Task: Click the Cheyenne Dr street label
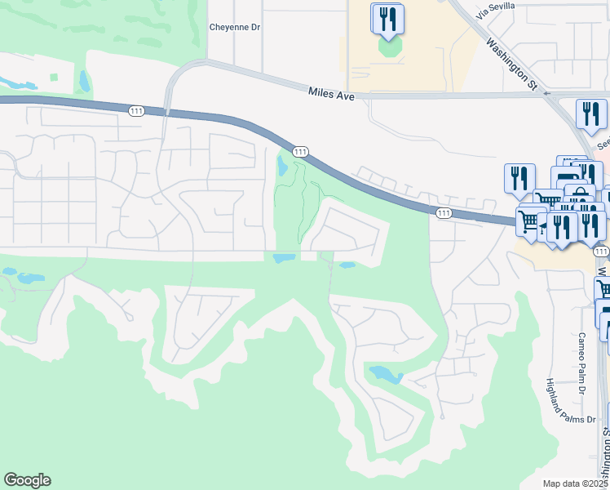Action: (x=234, y=27)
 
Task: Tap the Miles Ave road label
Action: (x=332, y=94)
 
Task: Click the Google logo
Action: (x=27, y=480)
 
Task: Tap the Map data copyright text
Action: (x=576, y=483)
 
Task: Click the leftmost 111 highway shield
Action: (x=135, y=109)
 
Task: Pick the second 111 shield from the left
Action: (x=300, y=152)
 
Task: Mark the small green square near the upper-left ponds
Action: (x=54, y=78)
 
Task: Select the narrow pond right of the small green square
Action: (x=84, y=80)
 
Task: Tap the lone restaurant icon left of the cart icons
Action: (x=519, y=177)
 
